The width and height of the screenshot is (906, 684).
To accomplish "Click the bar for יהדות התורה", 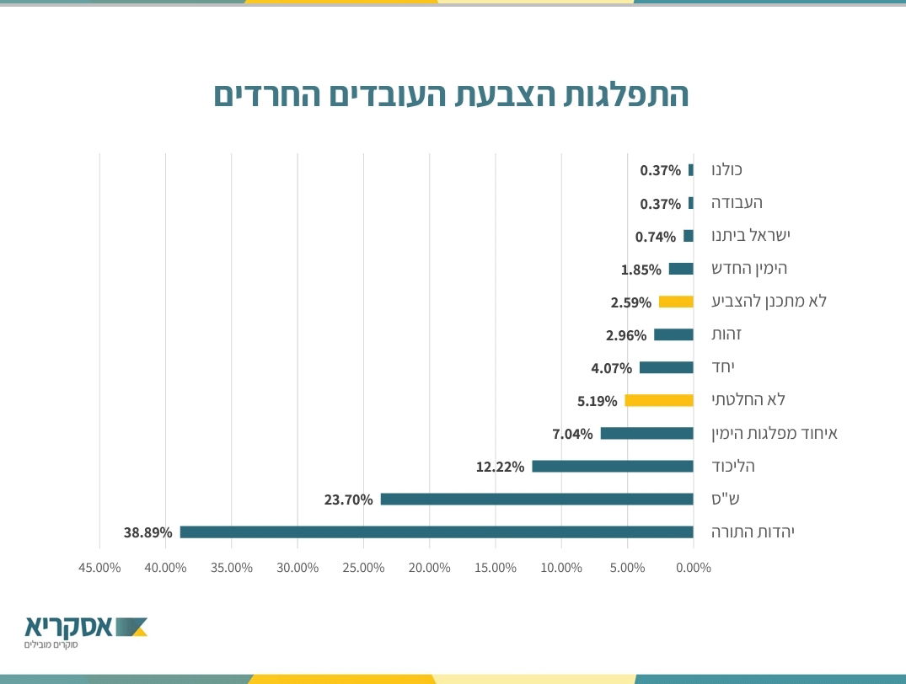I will (x=437, y=532).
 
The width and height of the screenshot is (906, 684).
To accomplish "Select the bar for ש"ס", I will (x=537, y=500).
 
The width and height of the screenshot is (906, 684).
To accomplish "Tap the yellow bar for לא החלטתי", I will (x=659, y=401).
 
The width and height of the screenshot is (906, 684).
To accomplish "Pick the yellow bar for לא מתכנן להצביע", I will (x=676, y=302).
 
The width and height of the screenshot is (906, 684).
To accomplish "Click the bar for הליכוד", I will (x=613, y=467).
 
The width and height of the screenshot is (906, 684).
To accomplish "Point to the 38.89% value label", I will (x=147, y=532).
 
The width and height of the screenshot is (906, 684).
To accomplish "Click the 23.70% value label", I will (x=348, y=500).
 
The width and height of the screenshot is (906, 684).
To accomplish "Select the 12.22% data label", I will (x=500, y=467).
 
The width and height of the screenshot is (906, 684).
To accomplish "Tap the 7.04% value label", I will (x=572, y=434).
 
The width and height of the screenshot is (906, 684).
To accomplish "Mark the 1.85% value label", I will (x=641, y=270).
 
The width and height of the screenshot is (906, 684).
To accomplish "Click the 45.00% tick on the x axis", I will (x=99, y=568).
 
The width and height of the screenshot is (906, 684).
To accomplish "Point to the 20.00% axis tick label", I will (x=429, y=568).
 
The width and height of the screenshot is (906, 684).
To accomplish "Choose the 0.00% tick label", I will (x=694, y=568).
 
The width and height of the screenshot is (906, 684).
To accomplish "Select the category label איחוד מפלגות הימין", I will (x=775, y=434).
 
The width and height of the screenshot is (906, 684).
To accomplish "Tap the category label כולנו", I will (x=727, y=170).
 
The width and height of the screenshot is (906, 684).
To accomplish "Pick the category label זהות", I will (x=726, y=334).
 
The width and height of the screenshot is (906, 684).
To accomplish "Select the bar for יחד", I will (x=666, y=368).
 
